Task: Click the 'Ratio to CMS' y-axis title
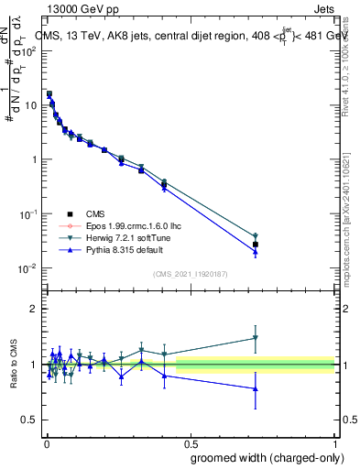point(13,365)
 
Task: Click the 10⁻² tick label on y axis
point(29,268)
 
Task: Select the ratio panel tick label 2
point(33,310)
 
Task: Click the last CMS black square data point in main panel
point(256,245)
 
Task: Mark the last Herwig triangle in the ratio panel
point(256,338)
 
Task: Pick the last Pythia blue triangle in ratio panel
point(256,388)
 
